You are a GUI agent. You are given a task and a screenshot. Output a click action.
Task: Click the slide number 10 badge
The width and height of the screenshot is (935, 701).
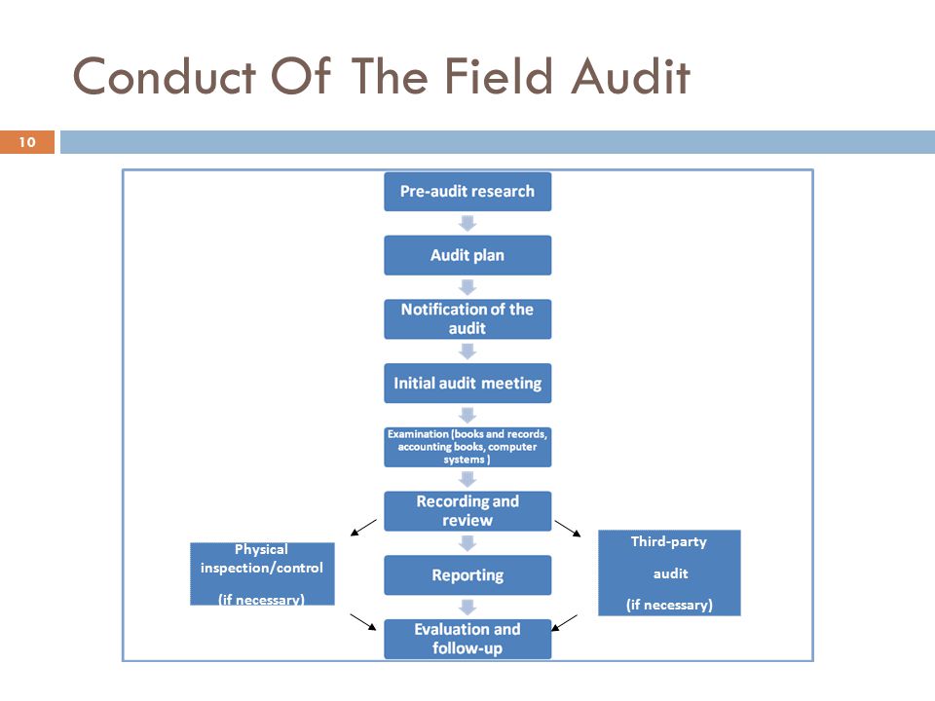pos(27,142)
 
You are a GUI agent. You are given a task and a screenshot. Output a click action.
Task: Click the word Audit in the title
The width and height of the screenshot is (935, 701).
pos(630,76)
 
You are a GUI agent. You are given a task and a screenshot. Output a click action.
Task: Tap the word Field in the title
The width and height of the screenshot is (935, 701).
pos(498,76)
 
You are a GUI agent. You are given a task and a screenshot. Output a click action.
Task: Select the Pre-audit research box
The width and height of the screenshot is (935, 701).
pos(467,192)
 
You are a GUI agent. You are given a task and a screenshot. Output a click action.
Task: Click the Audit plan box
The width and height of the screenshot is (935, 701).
pos(467,255)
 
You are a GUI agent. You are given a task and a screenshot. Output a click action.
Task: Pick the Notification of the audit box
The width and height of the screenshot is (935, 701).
pos(467,319)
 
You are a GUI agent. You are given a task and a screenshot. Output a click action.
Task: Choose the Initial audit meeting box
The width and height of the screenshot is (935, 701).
pos(467,384)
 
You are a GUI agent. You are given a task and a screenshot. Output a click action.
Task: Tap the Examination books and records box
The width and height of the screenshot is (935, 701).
pos(467,447)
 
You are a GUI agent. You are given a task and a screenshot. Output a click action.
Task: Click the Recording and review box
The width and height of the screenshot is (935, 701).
pos(467,511)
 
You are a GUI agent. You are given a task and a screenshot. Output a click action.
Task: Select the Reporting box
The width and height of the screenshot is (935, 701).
pos(467,575)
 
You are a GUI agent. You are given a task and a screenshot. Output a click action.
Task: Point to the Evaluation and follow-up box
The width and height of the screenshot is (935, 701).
pos(467,639)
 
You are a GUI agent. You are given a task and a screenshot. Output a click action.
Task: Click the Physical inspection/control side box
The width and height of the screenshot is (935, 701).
pos(262,574)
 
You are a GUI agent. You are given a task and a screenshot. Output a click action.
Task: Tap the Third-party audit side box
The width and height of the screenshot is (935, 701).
pos(669,572)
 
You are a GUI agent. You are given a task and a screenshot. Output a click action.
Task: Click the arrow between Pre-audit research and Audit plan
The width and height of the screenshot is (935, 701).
pos(467,224)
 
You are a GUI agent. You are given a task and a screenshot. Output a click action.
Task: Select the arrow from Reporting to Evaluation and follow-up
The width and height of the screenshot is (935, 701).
pos(467,608)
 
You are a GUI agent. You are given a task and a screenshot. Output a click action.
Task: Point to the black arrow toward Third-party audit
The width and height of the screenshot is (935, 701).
pos(568,529)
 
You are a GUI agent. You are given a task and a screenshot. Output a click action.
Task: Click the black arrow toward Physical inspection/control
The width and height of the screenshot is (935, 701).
pos(363,528)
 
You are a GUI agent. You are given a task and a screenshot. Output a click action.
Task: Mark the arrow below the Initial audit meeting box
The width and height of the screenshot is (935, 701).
pos(467,416)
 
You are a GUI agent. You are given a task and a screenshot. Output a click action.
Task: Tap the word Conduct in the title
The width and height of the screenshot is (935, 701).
pos(165,76)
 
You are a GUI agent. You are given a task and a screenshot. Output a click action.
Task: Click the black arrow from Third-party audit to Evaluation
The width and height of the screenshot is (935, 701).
pos(564,622)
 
